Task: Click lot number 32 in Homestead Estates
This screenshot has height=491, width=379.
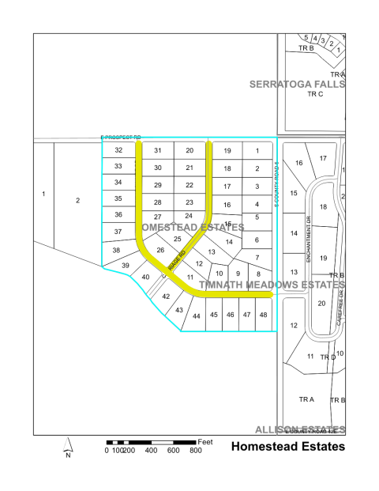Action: coord(118,150)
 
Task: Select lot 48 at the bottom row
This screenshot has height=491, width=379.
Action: coord(263,315)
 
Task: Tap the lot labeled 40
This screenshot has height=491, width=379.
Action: coord(145,278)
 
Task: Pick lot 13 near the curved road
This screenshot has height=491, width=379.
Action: coord(211,251)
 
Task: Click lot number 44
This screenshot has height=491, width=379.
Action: coord(196,316)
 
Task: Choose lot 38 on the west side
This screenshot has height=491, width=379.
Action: coord(116,250)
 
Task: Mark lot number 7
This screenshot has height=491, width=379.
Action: coord(257,258)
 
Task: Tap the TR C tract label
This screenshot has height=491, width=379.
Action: coord(315,94)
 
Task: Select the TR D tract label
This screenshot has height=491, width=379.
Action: coord(328,357)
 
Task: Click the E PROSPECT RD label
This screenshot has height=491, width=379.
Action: coord(120,138)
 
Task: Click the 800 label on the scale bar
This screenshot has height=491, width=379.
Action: coord(194,451)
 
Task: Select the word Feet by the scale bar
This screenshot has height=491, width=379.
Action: coord(206,440)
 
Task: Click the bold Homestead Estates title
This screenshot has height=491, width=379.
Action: coord(287,447)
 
